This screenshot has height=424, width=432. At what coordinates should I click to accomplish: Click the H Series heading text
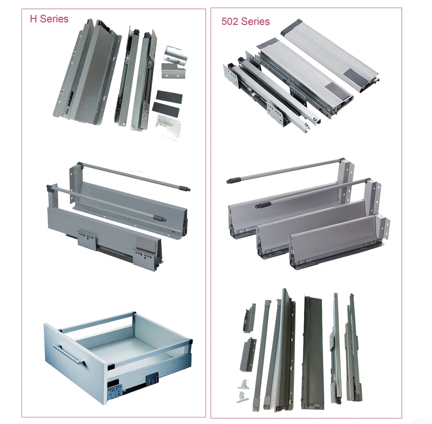pyautogui.click(x=49, y=19)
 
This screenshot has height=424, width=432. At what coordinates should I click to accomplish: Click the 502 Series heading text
pyautogui.click(x=245, y=22)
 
